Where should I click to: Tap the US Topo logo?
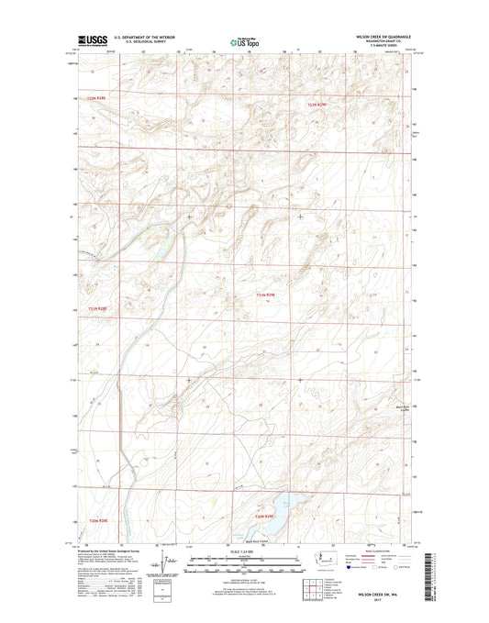click(244, 41)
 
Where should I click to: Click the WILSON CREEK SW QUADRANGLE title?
click(386, 37)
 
